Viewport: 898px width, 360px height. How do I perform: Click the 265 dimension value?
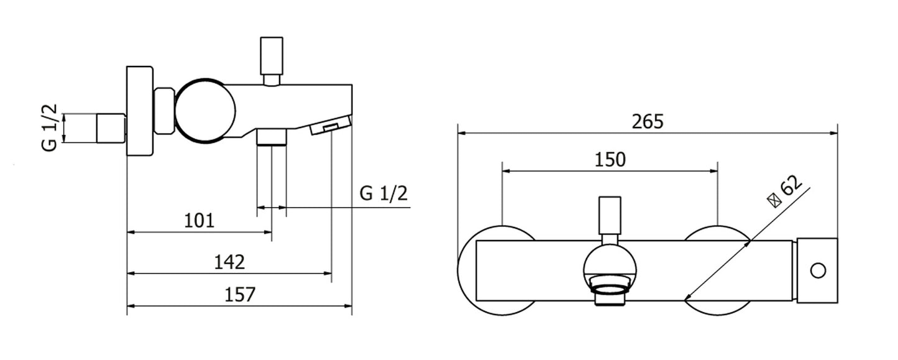point(648,121)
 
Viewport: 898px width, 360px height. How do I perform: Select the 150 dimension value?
point(610,160)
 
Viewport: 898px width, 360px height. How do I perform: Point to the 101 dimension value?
point(199,220)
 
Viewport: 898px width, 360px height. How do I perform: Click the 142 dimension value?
point(229,262)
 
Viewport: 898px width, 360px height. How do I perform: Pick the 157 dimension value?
point(240,294)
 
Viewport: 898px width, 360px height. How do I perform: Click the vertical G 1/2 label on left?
point(51,127)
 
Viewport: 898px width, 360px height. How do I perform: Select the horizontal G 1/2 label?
point(383,194)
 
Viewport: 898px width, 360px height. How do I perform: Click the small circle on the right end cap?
point(818,270)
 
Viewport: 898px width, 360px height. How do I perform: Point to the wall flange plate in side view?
point(139,111)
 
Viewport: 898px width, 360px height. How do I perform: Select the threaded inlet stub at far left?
point(111,128)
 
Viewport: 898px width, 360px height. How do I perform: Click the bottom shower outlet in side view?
point(272,137)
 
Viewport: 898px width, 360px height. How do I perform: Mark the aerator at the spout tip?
point(329,126)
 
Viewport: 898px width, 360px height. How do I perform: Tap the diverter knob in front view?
point(610,215)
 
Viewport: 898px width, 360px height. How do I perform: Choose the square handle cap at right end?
point(817,270)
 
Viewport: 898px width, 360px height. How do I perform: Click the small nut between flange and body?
point(163,111)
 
